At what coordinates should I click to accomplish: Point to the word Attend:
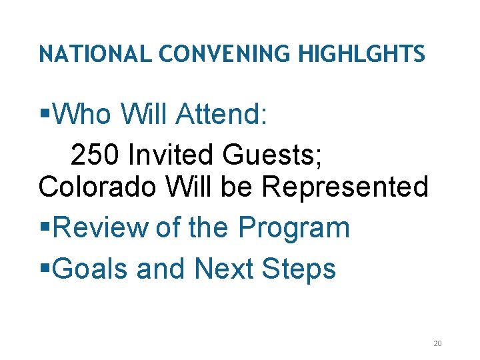pos(221,114)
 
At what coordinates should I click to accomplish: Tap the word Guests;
pos(273,155)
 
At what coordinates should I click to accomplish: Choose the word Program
pos(294,228)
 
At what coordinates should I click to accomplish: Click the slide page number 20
pos(437,343)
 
